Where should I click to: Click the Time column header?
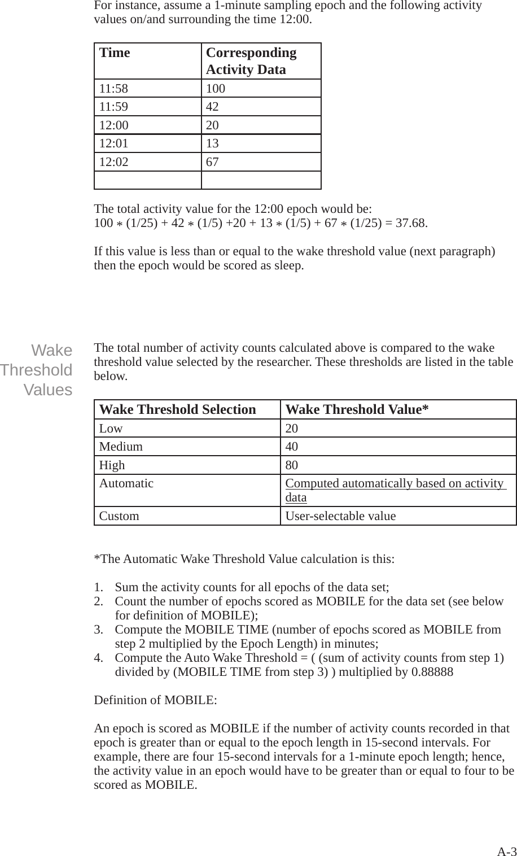pyautogui.click(x=115, y=53)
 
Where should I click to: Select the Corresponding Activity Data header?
pyautogui.click(x=251, y=61)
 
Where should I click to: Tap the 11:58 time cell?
pyautogui.click(x=113, y=89)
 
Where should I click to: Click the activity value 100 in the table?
pyautogui.click(x=216, y=89)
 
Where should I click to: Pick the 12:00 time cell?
pyautogui.click(x=113, y=125)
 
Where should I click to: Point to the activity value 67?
pyautogui.click(x=213, y=163)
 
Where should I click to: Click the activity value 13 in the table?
pyautogui.click(x=212, y=144)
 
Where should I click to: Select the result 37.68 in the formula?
pyautogui.click(x=411, y=222)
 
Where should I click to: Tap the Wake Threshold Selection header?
pyautogui.click(x=177, y=409)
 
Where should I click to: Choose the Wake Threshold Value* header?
pyautogui.click(x=357, y=409)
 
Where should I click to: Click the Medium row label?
pyautogui.click(x=121, y=447)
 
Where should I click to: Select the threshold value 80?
pyautogui.click(x=292, y=465)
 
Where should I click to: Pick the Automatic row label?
pyautogui.click(x=126, y=483)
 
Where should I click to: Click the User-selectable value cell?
pyautogui.click(x=340, y=516)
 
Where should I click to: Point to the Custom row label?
pyautogui.click(x=119, y=516)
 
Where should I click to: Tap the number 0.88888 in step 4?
pyautogui.click(x=431, y=672)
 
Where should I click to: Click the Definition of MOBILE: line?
pyautogui.click(x=155, y=700)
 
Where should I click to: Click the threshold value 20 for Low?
pyautogui.click(x=292, y=429)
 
